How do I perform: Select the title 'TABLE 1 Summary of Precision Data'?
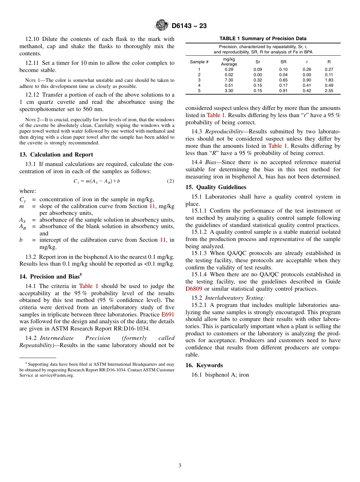[x=263, y=39]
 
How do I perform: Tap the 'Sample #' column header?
[x=199, y=62]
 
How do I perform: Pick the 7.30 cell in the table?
[x=229, y=80]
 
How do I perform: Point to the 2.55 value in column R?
[x=329, y=91]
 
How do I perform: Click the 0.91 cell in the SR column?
[x=283, y=91]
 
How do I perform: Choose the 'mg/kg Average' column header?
[x=229, y=62]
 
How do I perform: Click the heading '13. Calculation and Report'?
[x=56, y=155]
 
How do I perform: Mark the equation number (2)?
[x=170, y=181]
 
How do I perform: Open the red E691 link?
[x=168, y=315]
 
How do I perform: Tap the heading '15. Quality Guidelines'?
[x=216, y=187]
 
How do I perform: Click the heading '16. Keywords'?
[x=204, y=365]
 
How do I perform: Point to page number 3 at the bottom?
[x=180, y=466]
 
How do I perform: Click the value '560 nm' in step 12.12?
[x=93, y=109]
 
